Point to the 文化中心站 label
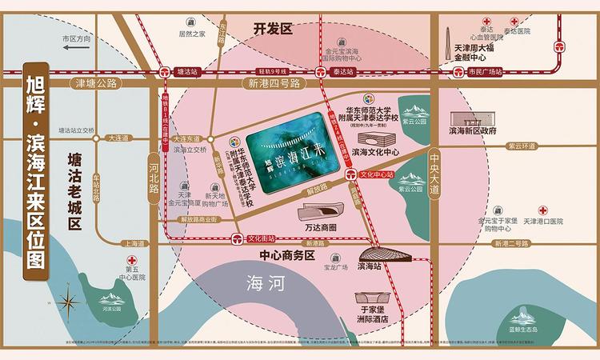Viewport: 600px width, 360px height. pyautogui.click(x=378, y=173)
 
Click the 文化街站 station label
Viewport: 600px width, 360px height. pyautogui.click(x=261, y=238)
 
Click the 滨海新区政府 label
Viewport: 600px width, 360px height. pyautogui.click(x=473, y=130)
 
